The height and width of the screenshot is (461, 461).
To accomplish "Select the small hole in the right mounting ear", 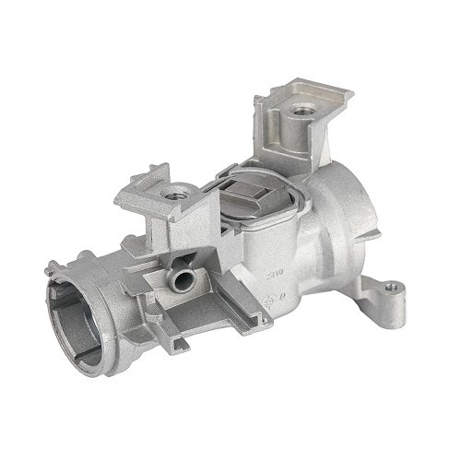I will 391,288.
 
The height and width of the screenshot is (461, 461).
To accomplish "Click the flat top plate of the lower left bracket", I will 152,189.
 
